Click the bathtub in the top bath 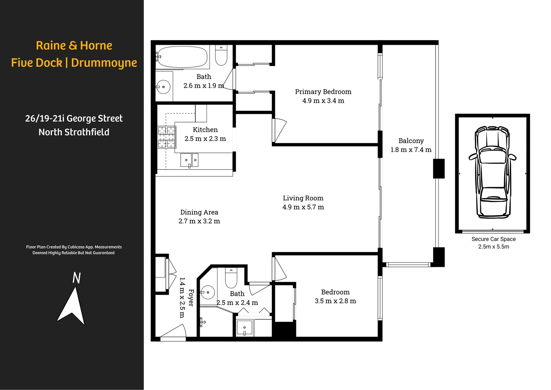[182, 57]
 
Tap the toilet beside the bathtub [221, 56]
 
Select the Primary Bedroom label [323, 92]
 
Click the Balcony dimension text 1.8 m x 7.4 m [411, 150]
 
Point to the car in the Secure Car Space [493, 172]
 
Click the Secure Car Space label [493, 239]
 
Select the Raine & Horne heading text [74, 46]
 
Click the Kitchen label [205, 130]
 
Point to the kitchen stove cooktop [167, 137]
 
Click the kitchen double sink [189, 160]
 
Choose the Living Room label [303, 198]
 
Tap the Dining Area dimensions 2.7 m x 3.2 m [199, 221]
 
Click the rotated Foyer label [191, 298]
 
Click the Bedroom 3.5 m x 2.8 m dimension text [335, 301]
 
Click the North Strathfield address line [74, 132]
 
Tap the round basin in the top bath [163, 87]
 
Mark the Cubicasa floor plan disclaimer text [74, 250]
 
